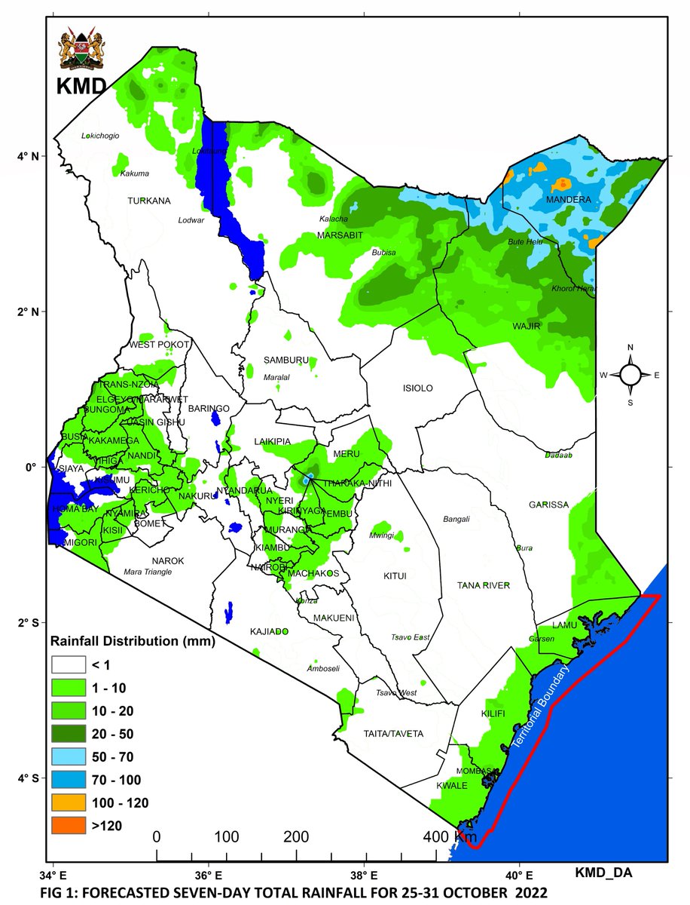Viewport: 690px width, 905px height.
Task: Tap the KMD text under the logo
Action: [x=81, y=87]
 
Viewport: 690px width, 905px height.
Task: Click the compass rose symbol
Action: [x=630, y=374]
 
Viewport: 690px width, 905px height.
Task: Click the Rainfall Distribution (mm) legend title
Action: [x=133, y=643]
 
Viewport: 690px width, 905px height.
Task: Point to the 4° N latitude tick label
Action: [x=29, y=156]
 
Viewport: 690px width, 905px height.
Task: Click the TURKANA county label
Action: [x=149, y=201]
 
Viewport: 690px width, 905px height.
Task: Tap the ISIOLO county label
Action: [x=418, y=388]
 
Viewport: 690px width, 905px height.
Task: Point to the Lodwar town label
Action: [x=191, y=221]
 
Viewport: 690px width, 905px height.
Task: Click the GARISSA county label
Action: [x=548, y=505]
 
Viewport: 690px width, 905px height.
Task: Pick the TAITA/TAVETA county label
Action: [x=393, y=733]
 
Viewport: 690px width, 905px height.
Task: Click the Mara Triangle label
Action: [x=148, y=572]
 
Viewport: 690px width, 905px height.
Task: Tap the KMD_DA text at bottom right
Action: [x=603, y=873]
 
